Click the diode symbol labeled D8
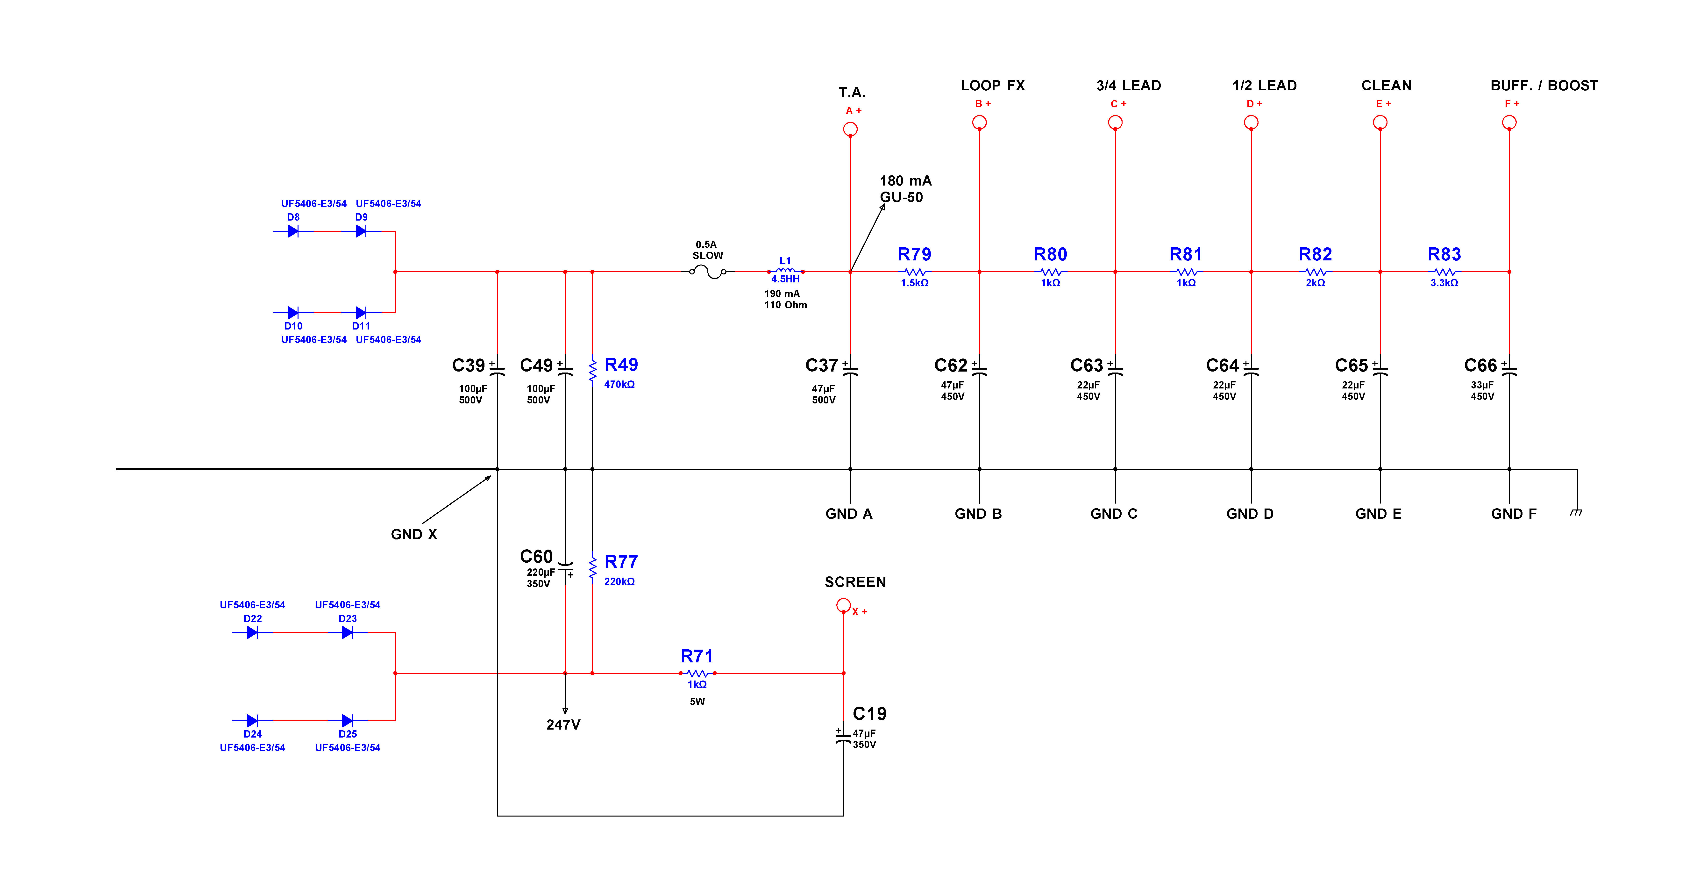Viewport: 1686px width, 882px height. tap(292, 231)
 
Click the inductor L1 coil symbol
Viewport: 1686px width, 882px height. tap(785, 270)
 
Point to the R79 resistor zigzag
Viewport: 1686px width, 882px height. tap(914, 272)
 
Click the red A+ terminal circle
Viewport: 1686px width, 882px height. tap(850, 129)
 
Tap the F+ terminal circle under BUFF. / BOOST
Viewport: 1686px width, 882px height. tap(1509, 122)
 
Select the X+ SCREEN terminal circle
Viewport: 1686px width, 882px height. tap(844, 605)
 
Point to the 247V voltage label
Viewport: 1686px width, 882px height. tap(563, 725)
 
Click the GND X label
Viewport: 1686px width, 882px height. tap(414, 534)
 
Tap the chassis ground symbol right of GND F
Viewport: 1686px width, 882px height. tap(1576, 512)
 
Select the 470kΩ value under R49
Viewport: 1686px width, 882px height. tap(619, 384)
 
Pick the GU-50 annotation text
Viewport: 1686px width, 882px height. tap(901, 197)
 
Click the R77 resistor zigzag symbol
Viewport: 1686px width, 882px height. tap(592, 567)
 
